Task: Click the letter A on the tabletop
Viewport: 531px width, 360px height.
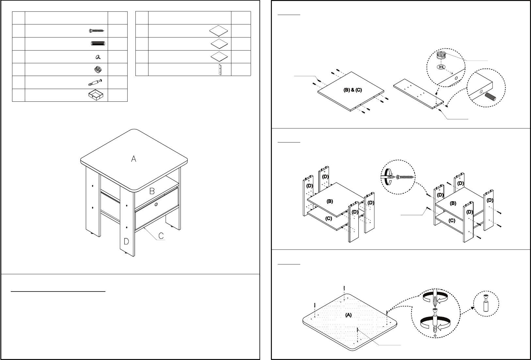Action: (x=134, y=159)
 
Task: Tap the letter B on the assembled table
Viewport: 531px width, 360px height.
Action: (x=152, y=191)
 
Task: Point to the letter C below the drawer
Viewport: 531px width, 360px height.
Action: (x=161, y=236)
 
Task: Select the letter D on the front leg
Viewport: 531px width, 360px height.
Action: (x=126, y=241)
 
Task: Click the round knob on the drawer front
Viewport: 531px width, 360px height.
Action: (x=156, y=204)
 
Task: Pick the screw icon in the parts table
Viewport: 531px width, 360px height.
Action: (x=97, y=31)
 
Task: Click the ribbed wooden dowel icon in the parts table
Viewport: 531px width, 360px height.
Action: (x=98, y=43)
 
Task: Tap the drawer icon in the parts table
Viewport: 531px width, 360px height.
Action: (x=96, y=95)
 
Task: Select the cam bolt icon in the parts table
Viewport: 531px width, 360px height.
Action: (x=95, y=82)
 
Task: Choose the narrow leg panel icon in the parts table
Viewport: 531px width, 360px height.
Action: (x=220, y=70)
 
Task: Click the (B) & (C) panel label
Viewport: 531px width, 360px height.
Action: (x=352, y=90)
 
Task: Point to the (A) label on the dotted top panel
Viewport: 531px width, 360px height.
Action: (x=348, y=315)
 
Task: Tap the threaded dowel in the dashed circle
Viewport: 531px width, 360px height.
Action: (x=490, y=97)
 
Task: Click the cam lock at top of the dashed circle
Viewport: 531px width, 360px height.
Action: (x=441, y=55)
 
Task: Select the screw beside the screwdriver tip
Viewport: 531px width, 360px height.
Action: (x=405, y=177)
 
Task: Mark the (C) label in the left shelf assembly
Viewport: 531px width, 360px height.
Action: (x=329, y=218)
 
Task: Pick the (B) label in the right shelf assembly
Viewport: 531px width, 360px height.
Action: (x=453, y=203)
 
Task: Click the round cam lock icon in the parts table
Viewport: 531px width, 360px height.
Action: (x=98, y=69)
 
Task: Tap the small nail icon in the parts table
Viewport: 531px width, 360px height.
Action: (x=98, y=57)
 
